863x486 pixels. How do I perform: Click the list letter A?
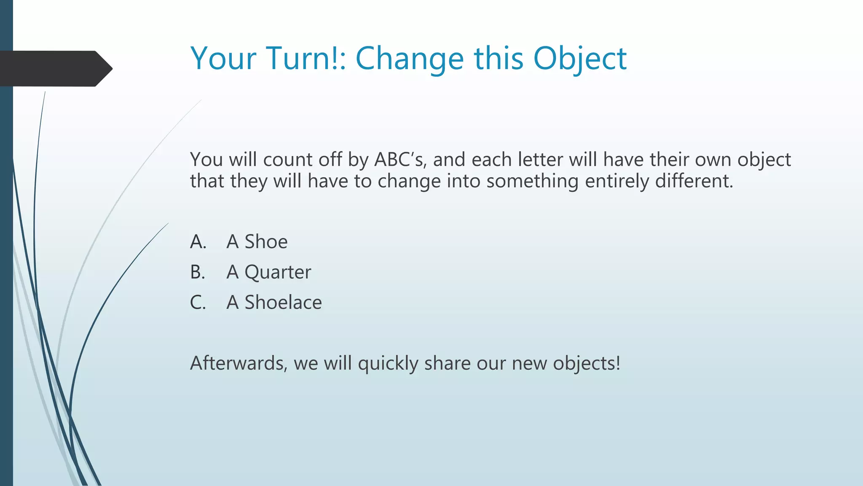point(198,242)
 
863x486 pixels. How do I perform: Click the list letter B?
point(197,272)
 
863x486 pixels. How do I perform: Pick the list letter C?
point(198,302)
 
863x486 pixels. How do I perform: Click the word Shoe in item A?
point(266,242)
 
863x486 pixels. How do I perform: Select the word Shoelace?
point(283,302)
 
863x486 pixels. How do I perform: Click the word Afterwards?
point(239,363)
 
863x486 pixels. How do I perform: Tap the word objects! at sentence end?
point(587,364)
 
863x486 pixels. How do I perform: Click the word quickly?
point(388,364)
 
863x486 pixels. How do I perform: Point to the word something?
point(532,182)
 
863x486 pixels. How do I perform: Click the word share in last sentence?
point(447,363)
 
